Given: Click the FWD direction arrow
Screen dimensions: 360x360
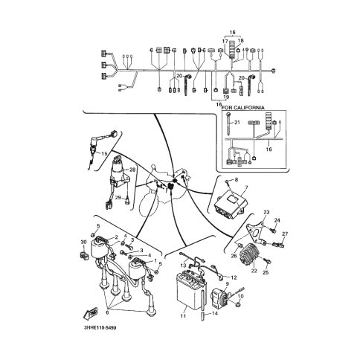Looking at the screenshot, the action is [x=91, y=313].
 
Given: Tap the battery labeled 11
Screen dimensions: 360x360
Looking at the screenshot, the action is [x=190, y=291].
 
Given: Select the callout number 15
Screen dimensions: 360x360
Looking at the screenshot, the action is [x=104, y=154].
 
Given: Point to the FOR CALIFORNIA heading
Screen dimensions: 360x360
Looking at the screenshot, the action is [x=242, y=108].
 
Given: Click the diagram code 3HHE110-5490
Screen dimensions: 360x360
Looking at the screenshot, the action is [x=100, y=328].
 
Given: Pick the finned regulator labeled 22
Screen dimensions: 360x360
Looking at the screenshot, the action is [x=250, y=254].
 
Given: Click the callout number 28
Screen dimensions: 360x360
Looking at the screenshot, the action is [x=132, y=170].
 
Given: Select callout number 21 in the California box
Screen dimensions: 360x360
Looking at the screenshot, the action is [x=237, y=123].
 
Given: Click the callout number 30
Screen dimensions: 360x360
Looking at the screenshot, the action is [x=83, y=242].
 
